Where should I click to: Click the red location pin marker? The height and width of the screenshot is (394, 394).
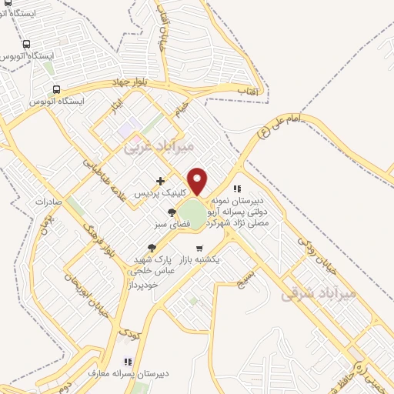click(x=198, y=182)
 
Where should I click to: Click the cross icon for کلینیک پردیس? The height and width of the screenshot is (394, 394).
click(x=160, y=182)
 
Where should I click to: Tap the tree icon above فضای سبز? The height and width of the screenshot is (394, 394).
click(x=171, y=212)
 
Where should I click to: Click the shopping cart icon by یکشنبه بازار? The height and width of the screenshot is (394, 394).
click(x=200, y=249)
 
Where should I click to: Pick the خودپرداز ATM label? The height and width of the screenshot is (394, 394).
click(x=144, y=284)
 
